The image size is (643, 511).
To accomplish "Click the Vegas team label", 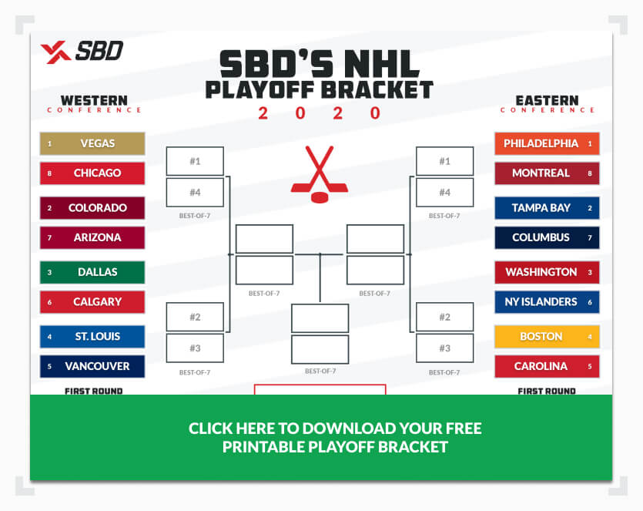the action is [x=92, y=143].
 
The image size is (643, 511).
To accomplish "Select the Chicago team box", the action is [x=92, y=173].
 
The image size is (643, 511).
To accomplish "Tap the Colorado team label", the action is [x=92, y=207].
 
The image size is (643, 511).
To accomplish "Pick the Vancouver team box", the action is [x=92, y=366].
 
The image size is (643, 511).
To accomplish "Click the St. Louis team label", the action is [x=92, y=337].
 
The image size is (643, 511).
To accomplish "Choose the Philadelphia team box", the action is [x=547, y=143].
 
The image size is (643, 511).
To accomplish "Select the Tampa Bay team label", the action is [x=547, y=207].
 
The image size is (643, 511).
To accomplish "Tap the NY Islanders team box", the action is [x=547, y=302].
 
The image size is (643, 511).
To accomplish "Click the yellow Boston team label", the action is [x=547, y=337].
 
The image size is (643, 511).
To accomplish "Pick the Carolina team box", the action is [x=547, y=366].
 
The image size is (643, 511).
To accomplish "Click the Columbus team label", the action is [x=547, y=237].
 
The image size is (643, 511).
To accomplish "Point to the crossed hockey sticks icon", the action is [x=320, y=174].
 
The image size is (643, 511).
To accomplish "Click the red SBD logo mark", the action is [x=55, y=52].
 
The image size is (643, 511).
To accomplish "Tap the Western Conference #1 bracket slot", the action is [x=195, y=161].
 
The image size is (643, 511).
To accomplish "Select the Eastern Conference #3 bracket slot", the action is [x=445, y=348].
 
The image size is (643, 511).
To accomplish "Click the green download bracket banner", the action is [x=321, y=438].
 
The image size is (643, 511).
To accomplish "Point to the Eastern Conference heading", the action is [x=547, y=103].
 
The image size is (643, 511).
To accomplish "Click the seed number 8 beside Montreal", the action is [x=590, y=173].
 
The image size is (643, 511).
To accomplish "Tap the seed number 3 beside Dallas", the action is [x=49, y=273].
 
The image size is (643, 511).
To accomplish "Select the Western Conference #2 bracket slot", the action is [x=195, y=317].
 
